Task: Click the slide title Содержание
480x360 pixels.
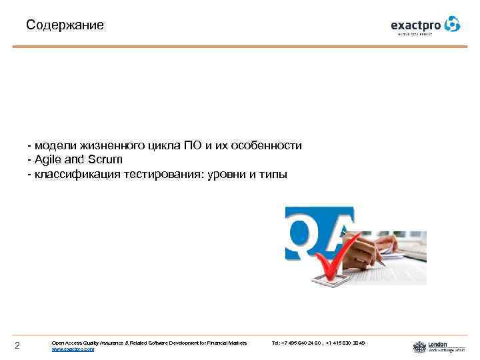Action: [x=65, y=26]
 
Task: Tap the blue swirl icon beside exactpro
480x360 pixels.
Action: [x=452, y=24]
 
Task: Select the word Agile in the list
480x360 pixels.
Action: [x=47, y=160]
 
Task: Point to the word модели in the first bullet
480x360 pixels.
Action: [x=56, y=145]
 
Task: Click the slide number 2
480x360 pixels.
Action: [x=18, y=345]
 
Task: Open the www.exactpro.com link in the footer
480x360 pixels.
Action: [x=73, y=349]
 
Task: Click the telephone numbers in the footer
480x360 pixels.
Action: [x=318, y=343]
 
